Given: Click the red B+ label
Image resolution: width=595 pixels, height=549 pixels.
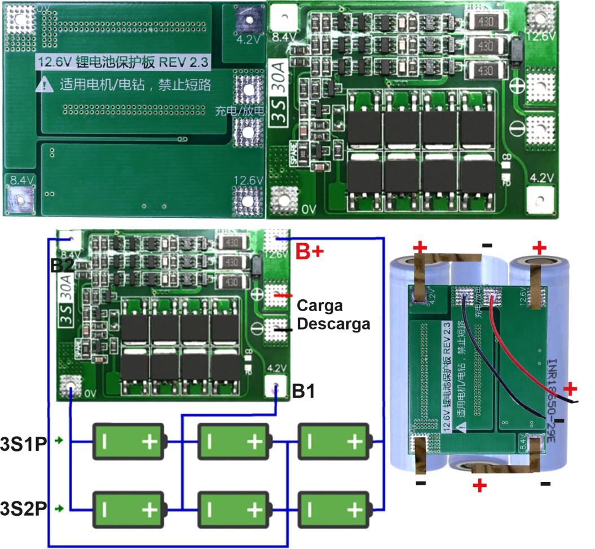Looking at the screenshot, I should coord(310,252).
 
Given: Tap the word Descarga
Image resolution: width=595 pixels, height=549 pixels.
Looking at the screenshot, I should coord(333,324).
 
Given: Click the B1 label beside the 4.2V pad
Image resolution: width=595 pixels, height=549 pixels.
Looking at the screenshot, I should coord(304,391).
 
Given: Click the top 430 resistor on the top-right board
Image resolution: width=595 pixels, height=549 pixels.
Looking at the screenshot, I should coord(484,21).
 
